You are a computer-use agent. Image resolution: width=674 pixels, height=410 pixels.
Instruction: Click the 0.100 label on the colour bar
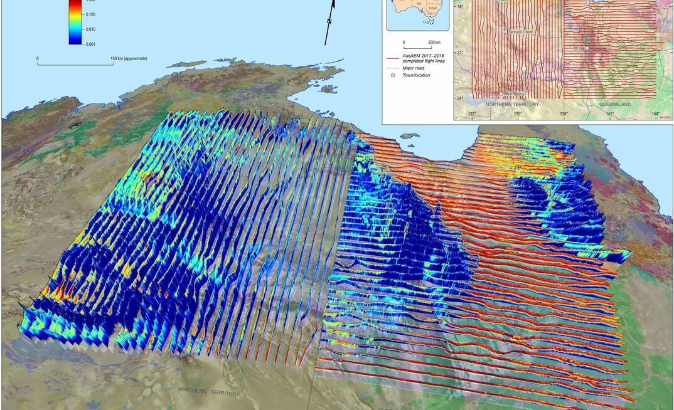(90, 14)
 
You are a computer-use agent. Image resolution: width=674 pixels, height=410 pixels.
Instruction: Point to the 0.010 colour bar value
(90, 29)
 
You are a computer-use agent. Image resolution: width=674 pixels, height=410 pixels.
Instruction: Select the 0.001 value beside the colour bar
(90, 44)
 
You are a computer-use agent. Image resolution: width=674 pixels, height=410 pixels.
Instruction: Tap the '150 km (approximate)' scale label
(129, 58)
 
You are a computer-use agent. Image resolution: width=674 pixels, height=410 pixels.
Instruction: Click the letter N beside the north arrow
(329, 21)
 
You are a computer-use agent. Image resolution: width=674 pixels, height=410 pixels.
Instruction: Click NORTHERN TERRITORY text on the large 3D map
(209, 391)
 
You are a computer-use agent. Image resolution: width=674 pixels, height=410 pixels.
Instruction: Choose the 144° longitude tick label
(656, 114)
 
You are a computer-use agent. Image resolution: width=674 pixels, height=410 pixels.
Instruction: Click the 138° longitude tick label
(564, 114)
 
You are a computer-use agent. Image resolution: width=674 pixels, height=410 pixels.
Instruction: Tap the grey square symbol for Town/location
(392, 75)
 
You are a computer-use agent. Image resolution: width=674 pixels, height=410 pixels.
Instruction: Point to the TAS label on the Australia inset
(425, 22)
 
